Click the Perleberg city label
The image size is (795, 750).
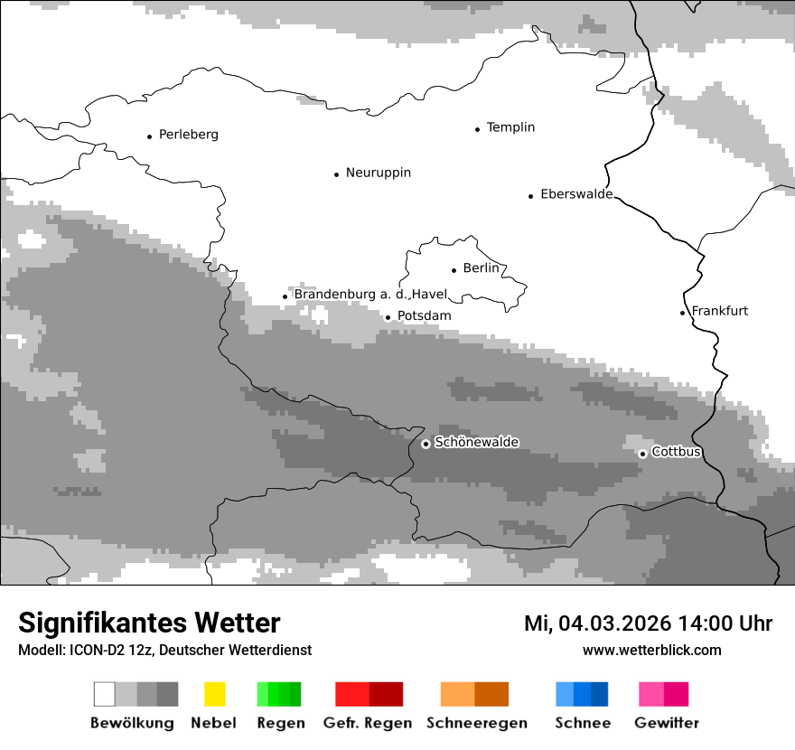pyautogui.click(x=188, y=135)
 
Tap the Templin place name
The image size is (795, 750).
pyautogui.click(x=510, y=127)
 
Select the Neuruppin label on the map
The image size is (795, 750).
pyautogui.click(x=378, y=173)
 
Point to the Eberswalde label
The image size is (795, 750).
pyautogui.click(x=575, y=194)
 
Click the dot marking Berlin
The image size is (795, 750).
pyautogui.click(x=454, y=269)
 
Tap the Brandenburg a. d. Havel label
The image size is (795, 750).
pyautogui.click(x=369, y=295)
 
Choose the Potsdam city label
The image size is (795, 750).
pyautogui.click(x=424, y=316)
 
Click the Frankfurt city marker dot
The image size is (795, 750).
pyautogui.click(x=683, y=313)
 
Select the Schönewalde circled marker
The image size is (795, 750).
pyautogui.click(x=426, y=444)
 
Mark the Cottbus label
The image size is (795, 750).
pyautogui.click(x=676, y=452)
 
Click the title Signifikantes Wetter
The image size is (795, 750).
pyautogui.click(x=149, y=623)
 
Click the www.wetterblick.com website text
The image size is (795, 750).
pyautogui.click(x=651, y=650)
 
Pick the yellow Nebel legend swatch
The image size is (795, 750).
pyautogui.click(x=214, y=694)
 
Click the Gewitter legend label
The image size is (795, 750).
pyautogui.click(x=666, y=723)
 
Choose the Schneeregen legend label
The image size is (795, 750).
pyautogui.click(x=476, y=723)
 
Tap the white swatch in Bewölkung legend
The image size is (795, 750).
pyautogui.click(x=104, y=694)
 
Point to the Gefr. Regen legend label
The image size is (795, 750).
pyautogui.click(x=367, y=723)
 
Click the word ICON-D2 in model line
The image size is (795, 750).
pyautogui.click(x=93, y=651)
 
